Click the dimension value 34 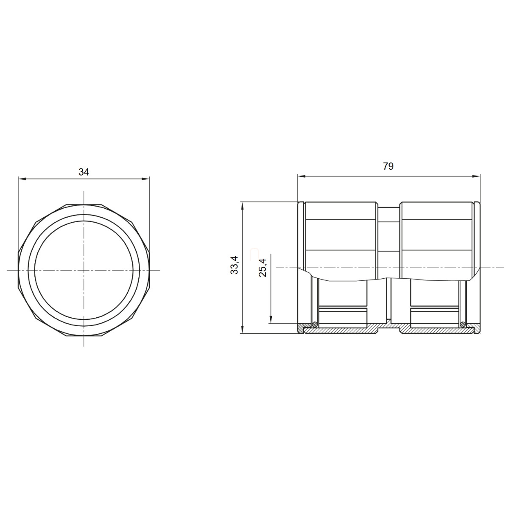(84, 172)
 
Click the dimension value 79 (388, 166)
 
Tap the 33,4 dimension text (234, 265)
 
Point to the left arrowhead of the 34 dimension (22, 179)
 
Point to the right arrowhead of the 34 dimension (145, 179)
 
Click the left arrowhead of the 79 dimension (302, 176)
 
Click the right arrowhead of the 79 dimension (476, 176)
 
